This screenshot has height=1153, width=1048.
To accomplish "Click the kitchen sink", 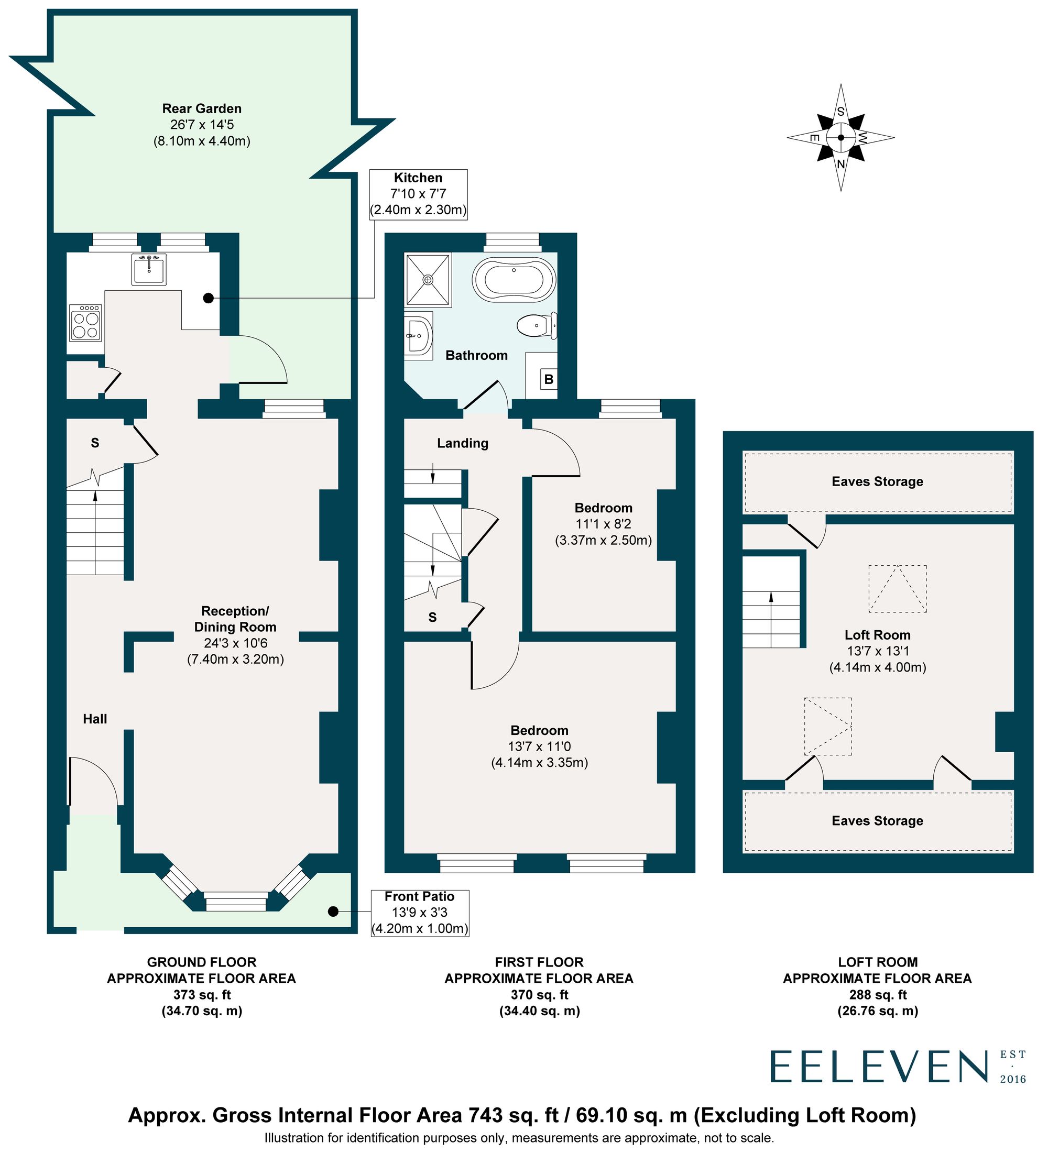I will coord(149,269).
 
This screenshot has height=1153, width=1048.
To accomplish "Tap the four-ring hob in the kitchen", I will coord(86,324).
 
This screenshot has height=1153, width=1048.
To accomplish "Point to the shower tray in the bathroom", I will coord(428,280).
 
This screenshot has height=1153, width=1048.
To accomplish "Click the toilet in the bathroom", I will coord(537,326).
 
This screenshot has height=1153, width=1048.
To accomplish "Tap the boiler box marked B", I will coord(549,379).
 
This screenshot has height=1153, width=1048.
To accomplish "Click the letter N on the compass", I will coord(840,164).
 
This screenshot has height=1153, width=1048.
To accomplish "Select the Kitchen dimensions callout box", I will coord(418,194).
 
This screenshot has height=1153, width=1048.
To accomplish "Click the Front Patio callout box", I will coord(419,912).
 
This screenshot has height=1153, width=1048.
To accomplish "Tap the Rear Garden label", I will coord(202,108).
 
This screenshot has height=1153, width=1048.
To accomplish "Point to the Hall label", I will coord(95,719).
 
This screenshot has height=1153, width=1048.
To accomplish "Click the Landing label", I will coord(462,443).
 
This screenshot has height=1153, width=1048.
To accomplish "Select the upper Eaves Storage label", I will coord(877,481).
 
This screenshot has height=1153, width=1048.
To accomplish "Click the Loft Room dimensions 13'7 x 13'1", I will coord(877,651).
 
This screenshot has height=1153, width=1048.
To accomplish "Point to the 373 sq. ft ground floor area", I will coord(202,995).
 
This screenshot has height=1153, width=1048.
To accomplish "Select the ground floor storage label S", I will coord(95,443).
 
